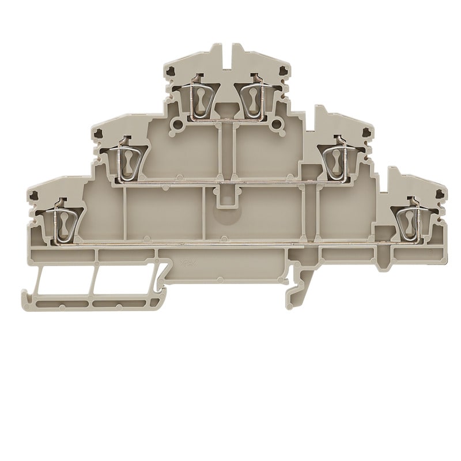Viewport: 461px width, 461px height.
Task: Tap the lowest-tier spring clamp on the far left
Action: pos(62,222)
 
